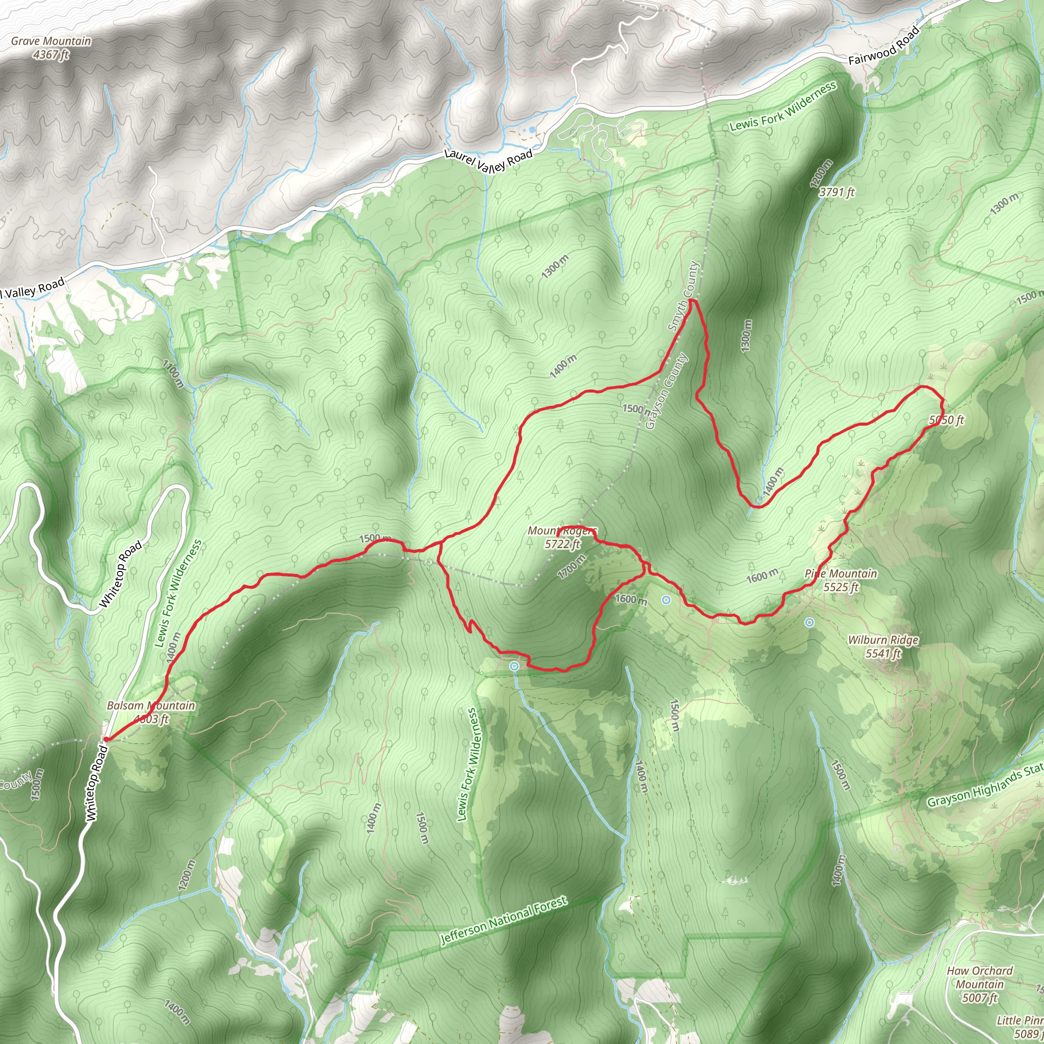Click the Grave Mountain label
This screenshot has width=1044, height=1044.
pyautogui.click(x=51, y=41)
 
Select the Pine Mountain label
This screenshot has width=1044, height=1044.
pyautogui.click(x=840, y=573)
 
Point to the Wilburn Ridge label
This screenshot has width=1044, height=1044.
pyautogui.click(x=883, y=640)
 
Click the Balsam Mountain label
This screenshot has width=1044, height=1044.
pyautogui.click(x=151, y=705)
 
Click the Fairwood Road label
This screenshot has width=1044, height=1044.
pyautogui.click(x=883, y=46)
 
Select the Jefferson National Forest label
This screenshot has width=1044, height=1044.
pyautogui.click(x=504, y=920)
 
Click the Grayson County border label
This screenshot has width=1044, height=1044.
pyautogui.click(x=667, y=390)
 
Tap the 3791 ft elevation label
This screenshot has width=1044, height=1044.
pyautogui.click(x=837, y=192)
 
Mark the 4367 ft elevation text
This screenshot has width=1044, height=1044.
pyautogui.click(x=51, y=55)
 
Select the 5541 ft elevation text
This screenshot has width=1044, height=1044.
pyautogui.click(x=883, y=654)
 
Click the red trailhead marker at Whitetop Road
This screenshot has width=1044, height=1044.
pyautogui.click(x=106, y=739)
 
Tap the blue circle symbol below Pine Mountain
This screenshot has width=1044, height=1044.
pyautogui.click(x=809, y=622)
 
